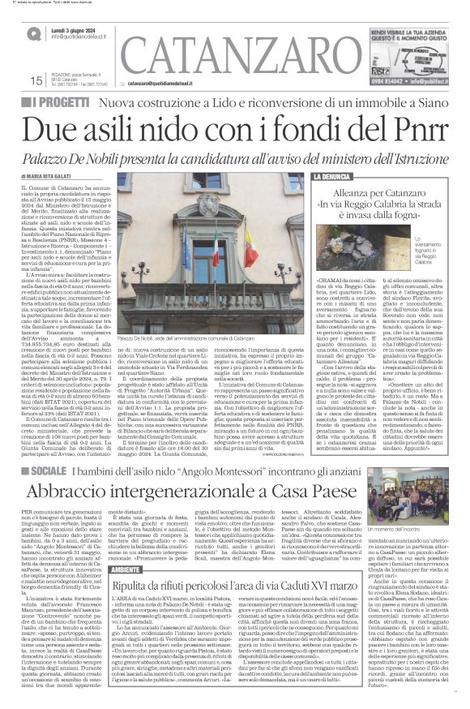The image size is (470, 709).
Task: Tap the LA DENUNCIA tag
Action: tap(331, 176)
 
